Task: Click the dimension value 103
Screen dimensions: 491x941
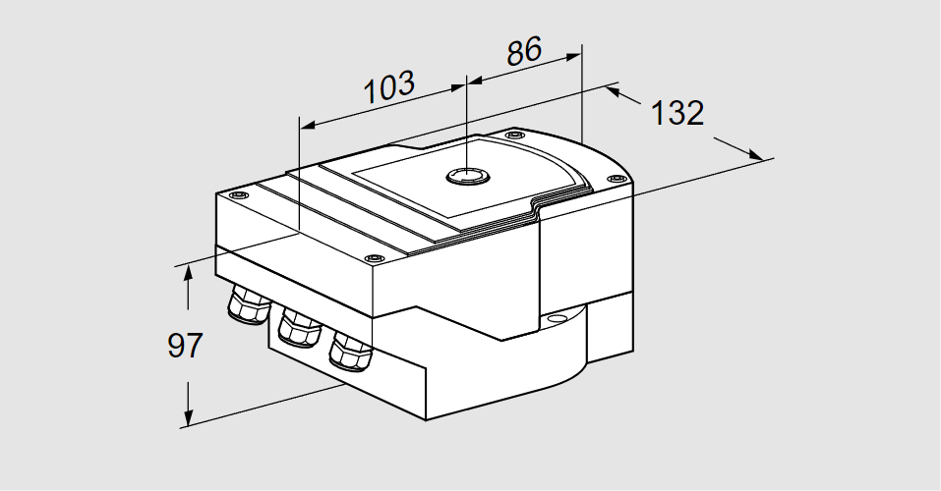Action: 390,87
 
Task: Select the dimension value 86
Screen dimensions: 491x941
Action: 524,51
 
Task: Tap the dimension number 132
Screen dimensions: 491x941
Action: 677,114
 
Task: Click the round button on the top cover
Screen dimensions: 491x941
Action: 466,176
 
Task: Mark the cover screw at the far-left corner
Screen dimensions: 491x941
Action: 236,196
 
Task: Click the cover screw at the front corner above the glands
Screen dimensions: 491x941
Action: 372,258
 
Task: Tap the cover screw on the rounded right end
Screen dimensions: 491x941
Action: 616,178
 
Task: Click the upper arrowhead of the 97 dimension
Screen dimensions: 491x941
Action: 186,274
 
